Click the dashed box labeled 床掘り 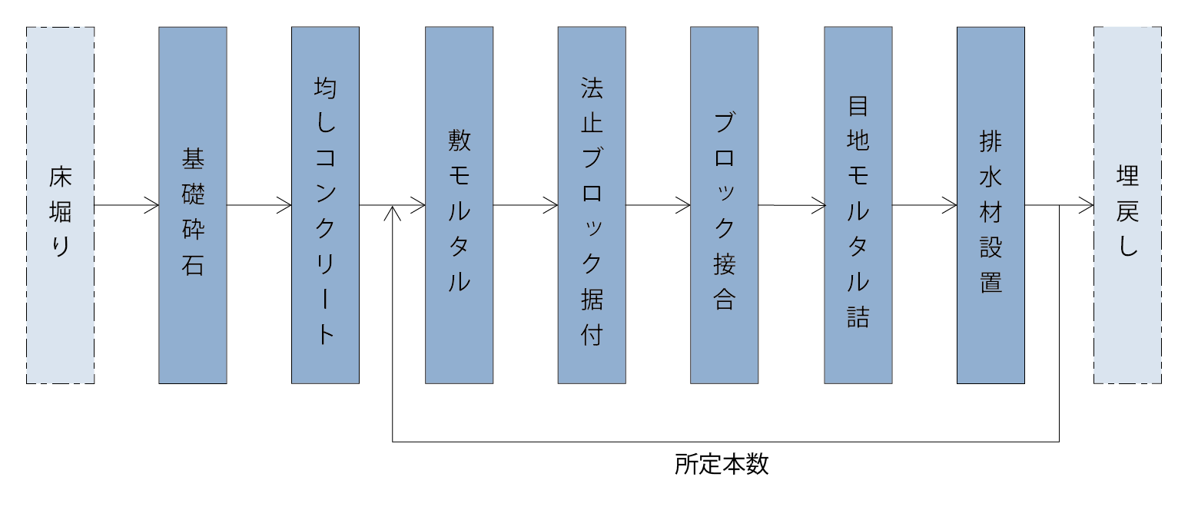pyautogui.click(x=60, y=205)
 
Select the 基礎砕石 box pyautogui.click(x=193, y=205)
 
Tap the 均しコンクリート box pyautogui.click(x=325, y=205)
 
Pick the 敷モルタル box pyautogui.click(x=459, y=205)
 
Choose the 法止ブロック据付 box pyautogui.click(x=592, y=205)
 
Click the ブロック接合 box pyautogui.click(x=724, y=205)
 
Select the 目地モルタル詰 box pyautogui.click(x=858, y=205)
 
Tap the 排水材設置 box pyautogui.click(x=991, y=205)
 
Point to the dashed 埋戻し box pyautogui.click(x=1127, y=205)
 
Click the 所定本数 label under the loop pyautogui.click(x=722, y=464)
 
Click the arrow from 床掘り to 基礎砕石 pyautogui.click(x=127, y=205)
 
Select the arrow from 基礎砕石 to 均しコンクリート pyautogui.click(x=259, y=205)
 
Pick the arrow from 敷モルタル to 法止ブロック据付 pyautogui.click(x=526, y=205)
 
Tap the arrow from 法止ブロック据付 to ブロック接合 pyautogui.click(x=658, y=205)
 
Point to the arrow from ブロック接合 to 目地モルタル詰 pyautogui.click(x=791, y=205)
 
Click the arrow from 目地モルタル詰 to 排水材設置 pyautogui.click(x=924, y=205)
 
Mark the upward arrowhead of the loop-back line pyautogui.click(x=393, y=211)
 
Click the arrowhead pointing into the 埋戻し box pyautogui.click(x=1087, y=205)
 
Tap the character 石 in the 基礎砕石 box pyautogui.click(x=193, y=265)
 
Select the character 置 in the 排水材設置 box pyautogui.click(x=991, y=281)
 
